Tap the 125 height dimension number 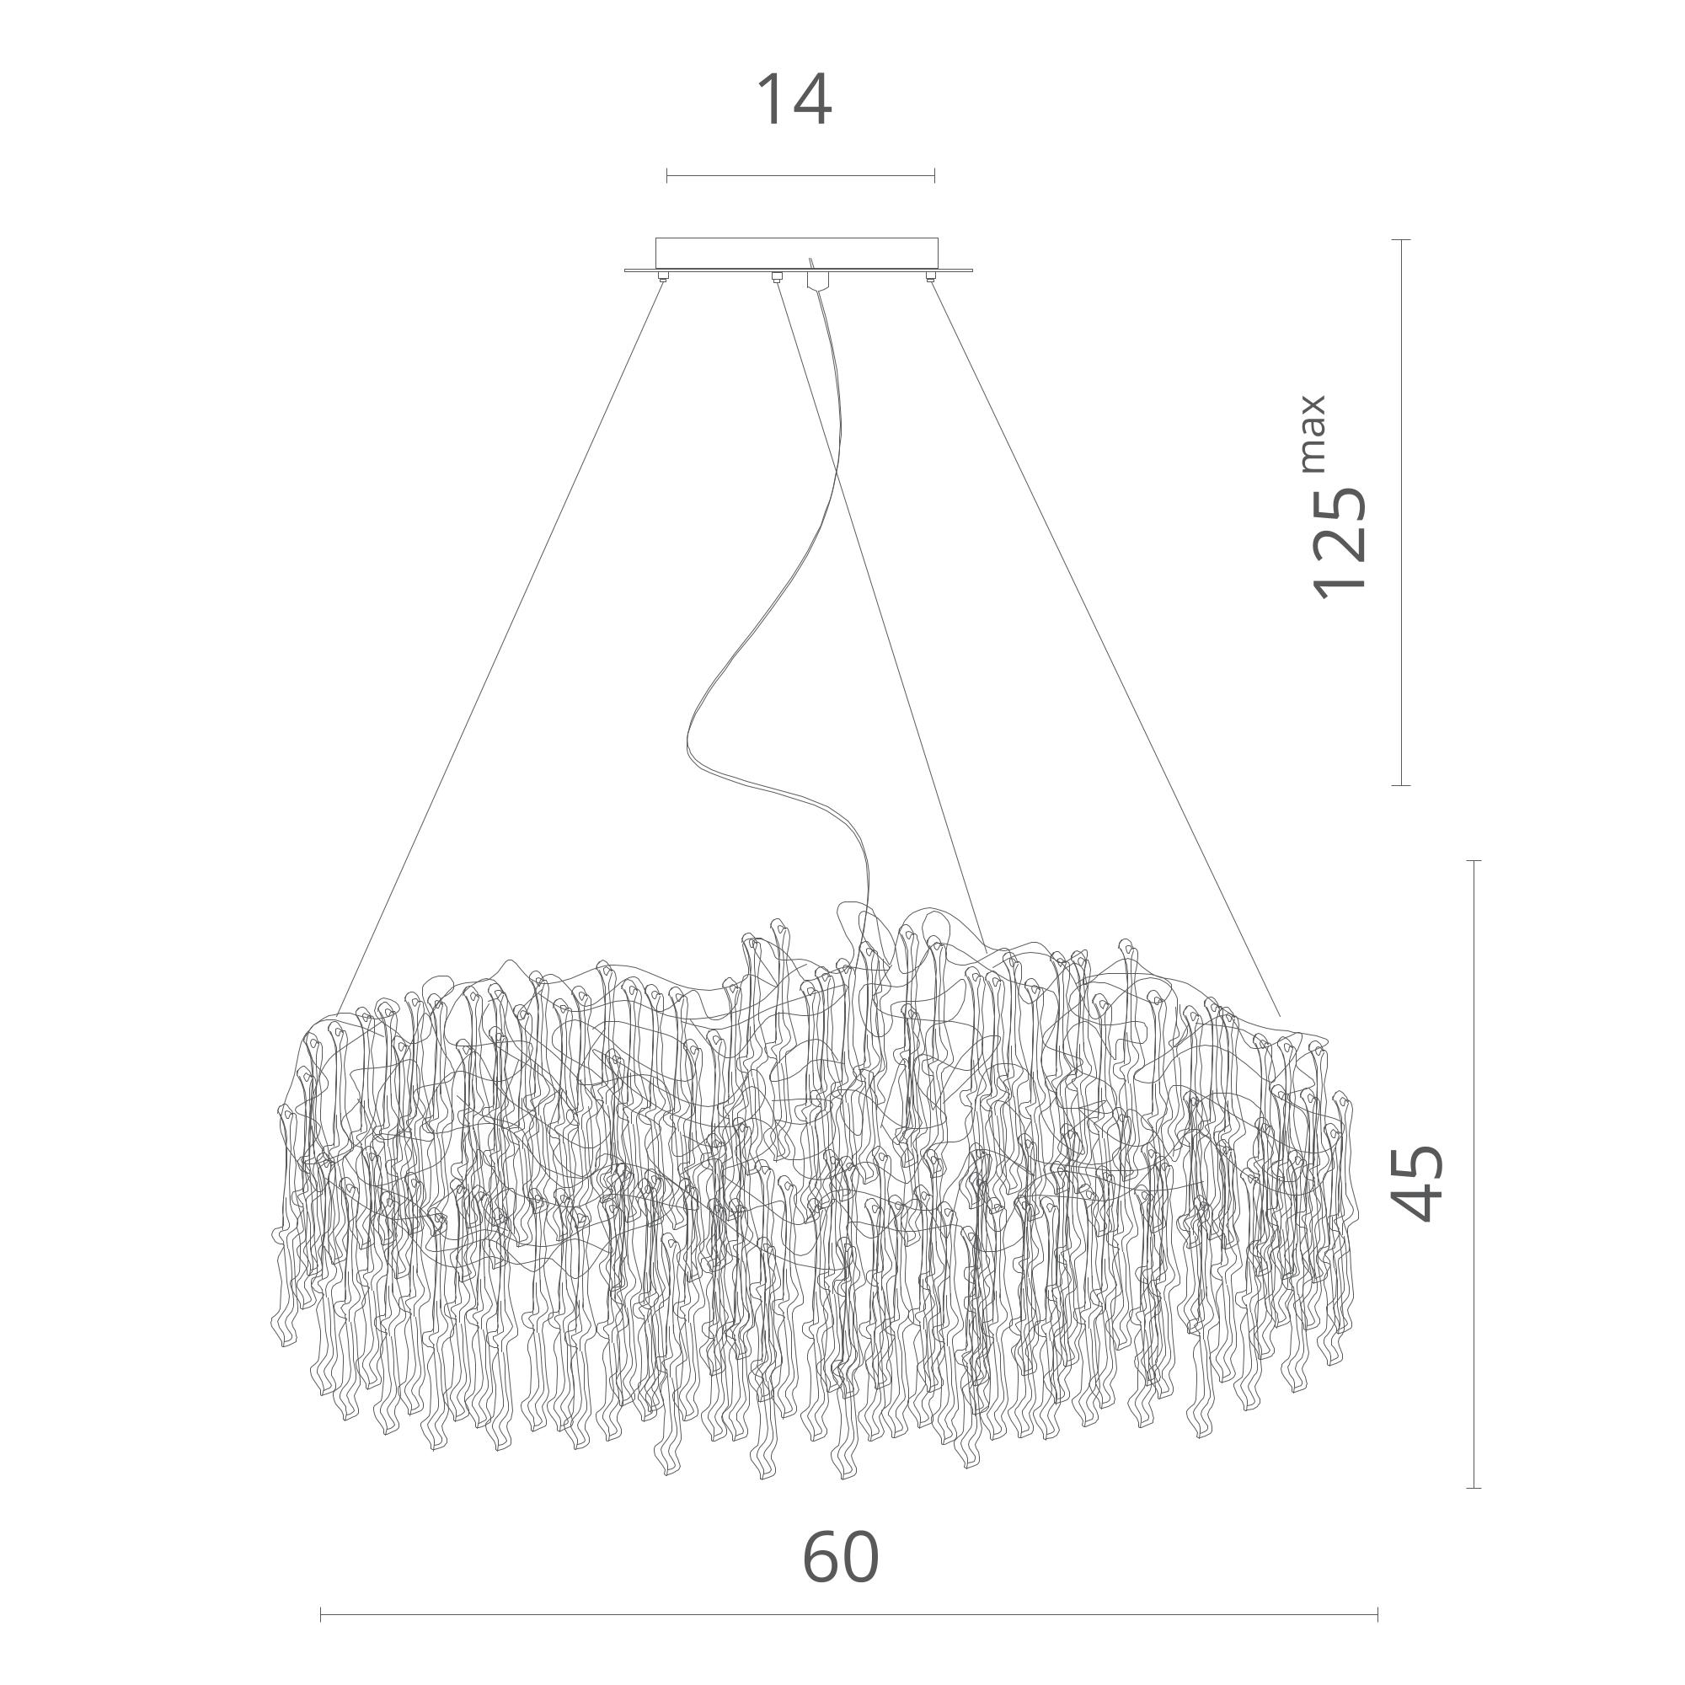point(1340,541)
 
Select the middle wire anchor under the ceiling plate point(775,278)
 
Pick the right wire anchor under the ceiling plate point(931,278)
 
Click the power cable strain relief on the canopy point(817,280)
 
